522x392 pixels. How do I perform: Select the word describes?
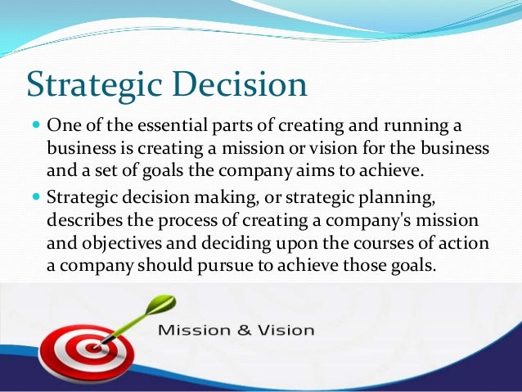83,223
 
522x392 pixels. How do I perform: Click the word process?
189,223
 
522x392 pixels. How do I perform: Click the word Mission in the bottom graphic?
193,331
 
